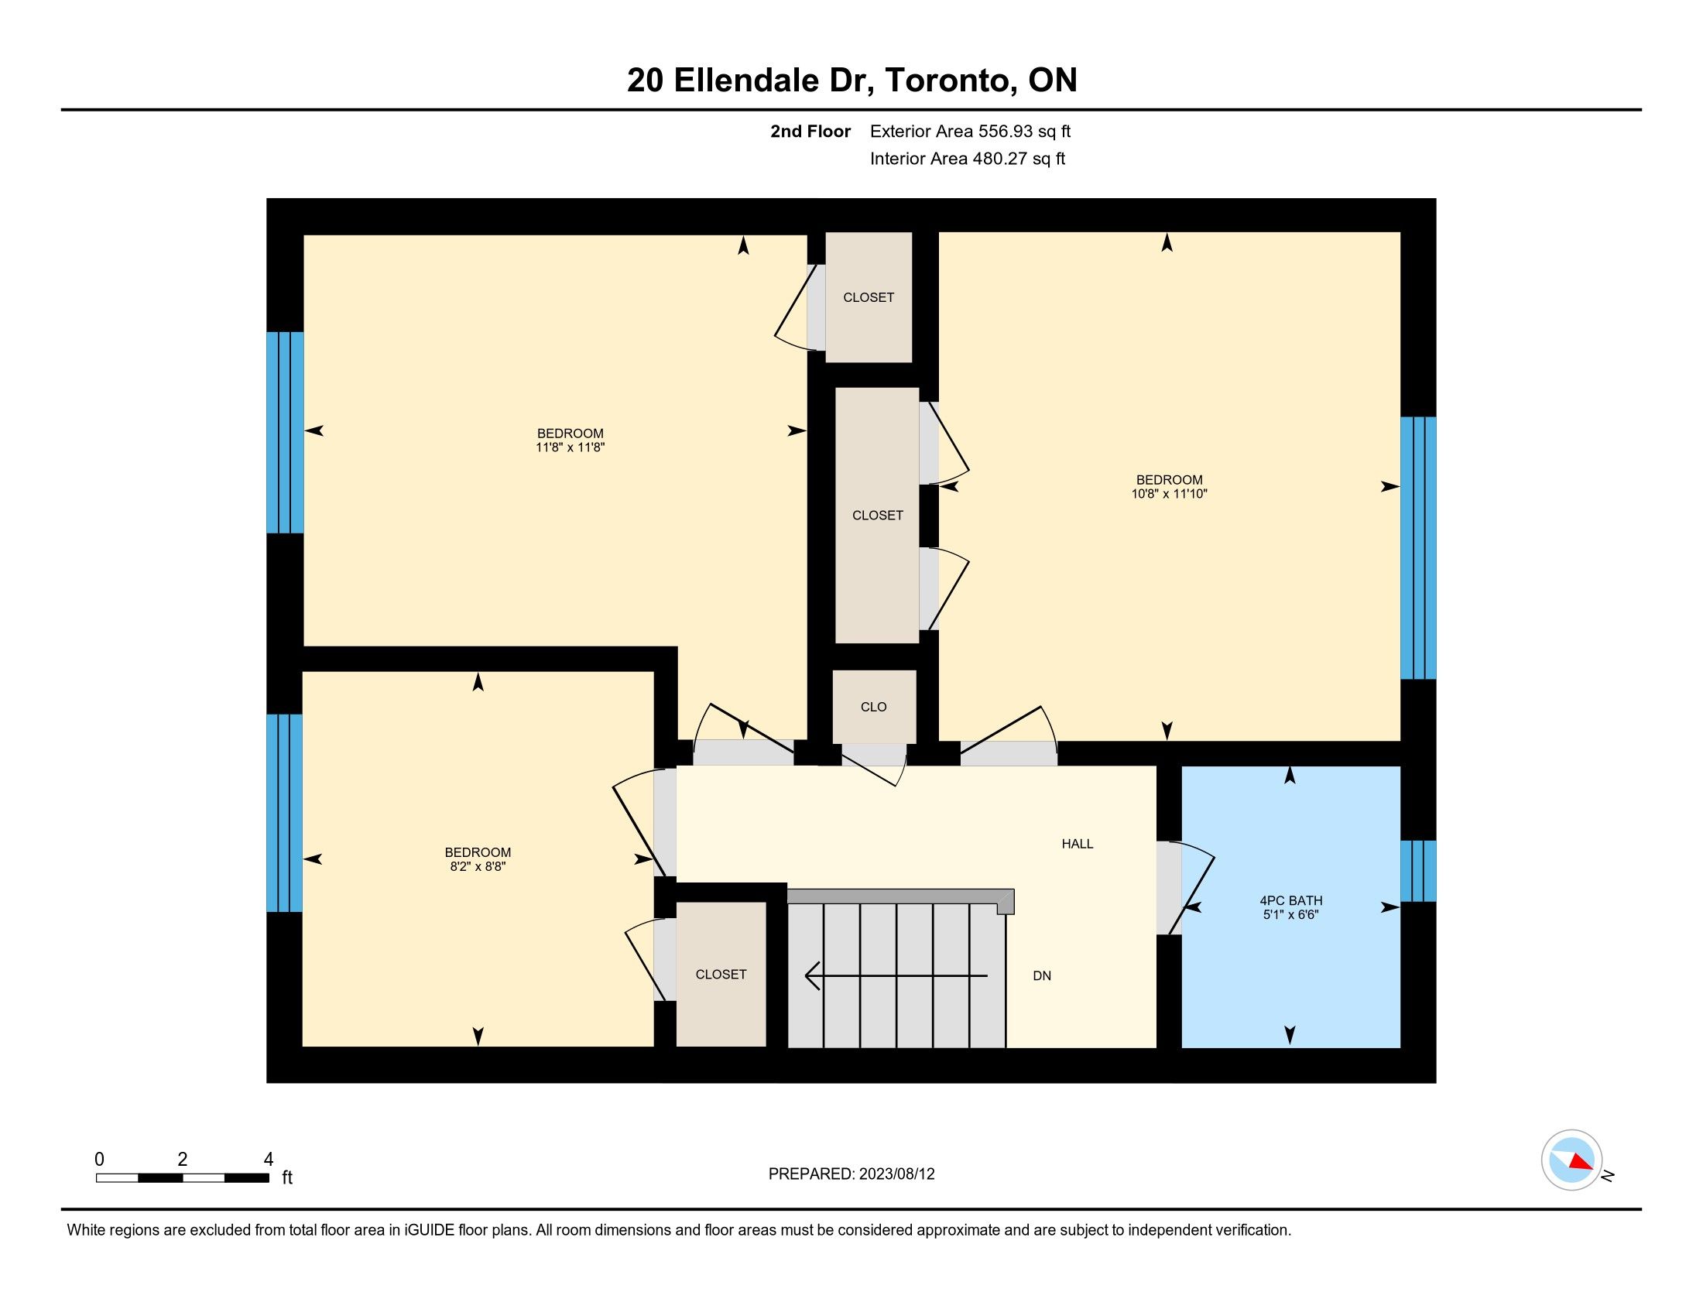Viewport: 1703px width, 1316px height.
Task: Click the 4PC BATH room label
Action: coord(1290,900)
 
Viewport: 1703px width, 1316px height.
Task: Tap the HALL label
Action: coord(1078,844)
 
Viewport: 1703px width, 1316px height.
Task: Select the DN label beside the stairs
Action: coord(1042,975)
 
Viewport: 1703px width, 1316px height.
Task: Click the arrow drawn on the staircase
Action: coord(896,975)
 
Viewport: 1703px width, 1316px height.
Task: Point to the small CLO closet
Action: coord(874,706)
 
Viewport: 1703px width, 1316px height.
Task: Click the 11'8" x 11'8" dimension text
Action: coord(570,447)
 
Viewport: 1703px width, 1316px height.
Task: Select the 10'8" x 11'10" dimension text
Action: coord(1169,494)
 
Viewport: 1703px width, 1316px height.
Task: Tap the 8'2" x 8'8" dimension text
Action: coord(478,866)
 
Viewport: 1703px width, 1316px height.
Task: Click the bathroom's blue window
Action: coord(1417,871)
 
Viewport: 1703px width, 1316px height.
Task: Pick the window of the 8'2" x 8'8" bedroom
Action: coord(285,813)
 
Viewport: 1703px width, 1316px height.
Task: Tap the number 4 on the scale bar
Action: coord(269,1159)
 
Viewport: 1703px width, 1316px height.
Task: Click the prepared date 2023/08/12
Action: coord(896,1174)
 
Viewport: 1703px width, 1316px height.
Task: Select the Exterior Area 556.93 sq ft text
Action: coord(970,132)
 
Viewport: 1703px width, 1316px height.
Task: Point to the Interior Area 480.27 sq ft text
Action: coord(967,159)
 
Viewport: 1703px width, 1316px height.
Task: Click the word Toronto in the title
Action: coord(946,81)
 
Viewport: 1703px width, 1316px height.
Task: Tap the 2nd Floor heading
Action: coord(810,132)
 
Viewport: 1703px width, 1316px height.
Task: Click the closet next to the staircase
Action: coord(721,974)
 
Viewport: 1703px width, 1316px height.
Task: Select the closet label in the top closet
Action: coord(869,297)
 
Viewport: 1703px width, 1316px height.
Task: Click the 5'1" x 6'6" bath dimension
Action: coord(1290,914)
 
